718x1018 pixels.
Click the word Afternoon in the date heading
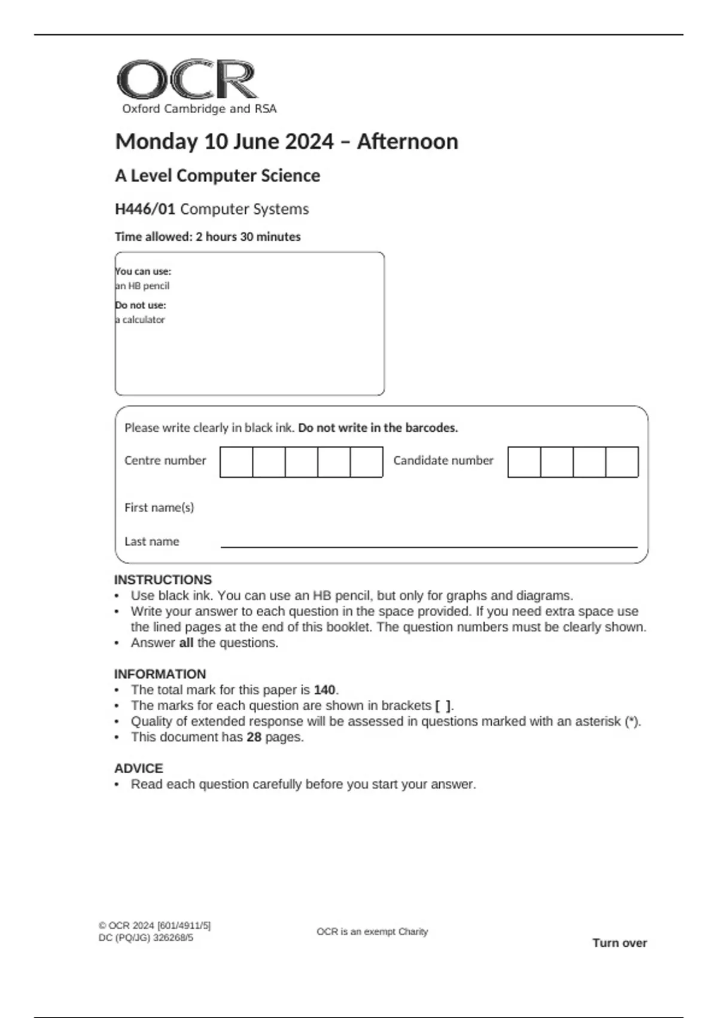click(407, 142)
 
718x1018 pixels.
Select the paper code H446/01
click(145, 209)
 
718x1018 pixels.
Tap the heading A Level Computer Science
click(217, 175)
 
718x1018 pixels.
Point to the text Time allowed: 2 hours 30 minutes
click(208, 237)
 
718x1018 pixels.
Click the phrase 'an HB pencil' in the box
click(142, 286)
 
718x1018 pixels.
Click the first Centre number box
click(236, 462)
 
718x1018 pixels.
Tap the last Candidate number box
click(622, 462)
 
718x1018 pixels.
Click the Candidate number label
click(443, 460)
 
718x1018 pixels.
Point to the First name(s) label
click(159, 507)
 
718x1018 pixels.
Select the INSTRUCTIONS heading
click(163, 580)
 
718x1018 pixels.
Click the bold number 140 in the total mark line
click(324, 690)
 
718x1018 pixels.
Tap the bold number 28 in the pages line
click(254, 737)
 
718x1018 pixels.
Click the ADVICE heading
click(138, 768)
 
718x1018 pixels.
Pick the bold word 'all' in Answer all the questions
click(186, 643)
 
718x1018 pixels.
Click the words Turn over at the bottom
click(619, 943)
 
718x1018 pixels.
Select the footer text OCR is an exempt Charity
click(372, 932)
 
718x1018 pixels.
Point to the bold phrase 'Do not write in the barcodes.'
click(378, 428)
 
